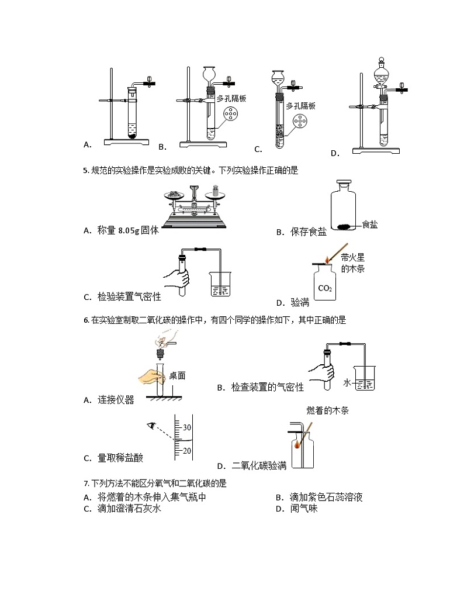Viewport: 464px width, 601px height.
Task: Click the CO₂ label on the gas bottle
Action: coord(324,288)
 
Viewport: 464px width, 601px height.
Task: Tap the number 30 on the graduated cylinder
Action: coord(186,427)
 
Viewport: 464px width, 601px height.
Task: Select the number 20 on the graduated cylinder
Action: coord(186,451)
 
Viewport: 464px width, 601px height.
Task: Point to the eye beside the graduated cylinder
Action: coord(153,426)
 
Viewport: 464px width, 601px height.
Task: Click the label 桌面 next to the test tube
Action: coord(177,376)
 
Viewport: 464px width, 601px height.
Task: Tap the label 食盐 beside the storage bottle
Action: coord(369,224)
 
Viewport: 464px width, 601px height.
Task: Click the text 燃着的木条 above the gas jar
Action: coord(327,411)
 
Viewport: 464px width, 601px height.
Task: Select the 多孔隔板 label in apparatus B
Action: coord(231,99)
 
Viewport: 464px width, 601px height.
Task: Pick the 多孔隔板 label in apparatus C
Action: coord(301,106)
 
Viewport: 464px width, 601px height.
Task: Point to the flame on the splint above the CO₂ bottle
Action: coord(326,257)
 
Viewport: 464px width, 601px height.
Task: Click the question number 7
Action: coord(86,483)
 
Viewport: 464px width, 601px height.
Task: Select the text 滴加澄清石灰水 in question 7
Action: coord(129,509)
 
